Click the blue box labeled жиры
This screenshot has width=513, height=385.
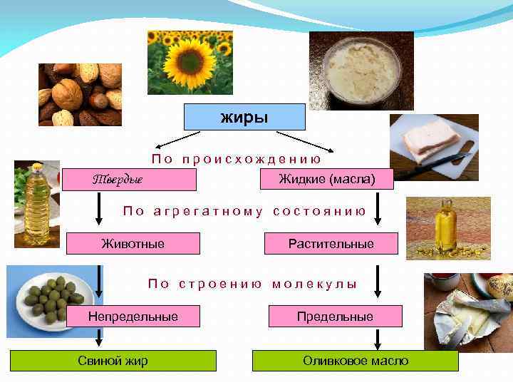(244, 117)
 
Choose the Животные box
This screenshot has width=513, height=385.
(133, 244)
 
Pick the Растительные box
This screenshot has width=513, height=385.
(331, 244)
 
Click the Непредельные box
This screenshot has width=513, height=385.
(133, 316)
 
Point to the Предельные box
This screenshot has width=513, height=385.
(336, 316)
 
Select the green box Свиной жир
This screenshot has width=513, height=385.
(113, 361)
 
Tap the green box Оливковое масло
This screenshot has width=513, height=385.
(356, 361)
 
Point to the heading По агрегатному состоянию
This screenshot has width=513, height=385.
(244, 211)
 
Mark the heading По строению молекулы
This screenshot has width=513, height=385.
(252, 284)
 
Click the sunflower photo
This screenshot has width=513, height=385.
(190, 62)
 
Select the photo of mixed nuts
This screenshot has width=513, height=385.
(80, 94)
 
